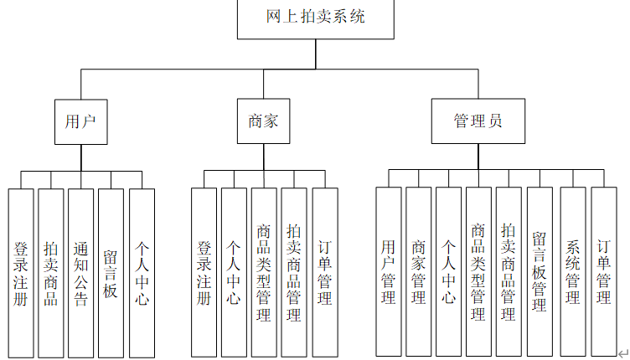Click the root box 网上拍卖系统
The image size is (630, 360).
click(x=315, y=18)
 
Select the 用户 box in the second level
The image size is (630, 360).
click(x=80, y=121)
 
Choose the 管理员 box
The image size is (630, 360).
click(x=478, y=121)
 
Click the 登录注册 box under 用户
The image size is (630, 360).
click(x=21, y=273)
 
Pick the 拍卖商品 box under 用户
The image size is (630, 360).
click(x=51, y=273)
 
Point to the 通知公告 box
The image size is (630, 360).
click(x=81, y=273)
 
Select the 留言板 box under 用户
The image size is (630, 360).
click(x=111, y=273)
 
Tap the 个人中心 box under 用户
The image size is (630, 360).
click(x=142, y=273)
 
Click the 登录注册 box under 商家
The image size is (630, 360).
click(x=204, y=273)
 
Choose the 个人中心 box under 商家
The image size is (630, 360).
click(x=234, y=273)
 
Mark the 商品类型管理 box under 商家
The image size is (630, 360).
click(x=264, y=273)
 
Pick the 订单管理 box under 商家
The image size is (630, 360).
click(x=325, y=273)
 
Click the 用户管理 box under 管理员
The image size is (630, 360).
click(x=388, y=273)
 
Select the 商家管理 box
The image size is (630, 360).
click(x=418, y=273)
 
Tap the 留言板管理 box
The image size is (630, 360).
click(x=540, y=273)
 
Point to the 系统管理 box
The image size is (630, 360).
click(x=573, y=273)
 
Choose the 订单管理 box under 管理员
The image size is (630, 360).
click(x=604, y=273)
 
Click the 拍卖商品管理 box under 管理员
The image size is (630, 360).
click(x=509, y=273)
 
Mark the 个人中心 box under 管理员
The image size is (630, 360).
click(x=448, y=273)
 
